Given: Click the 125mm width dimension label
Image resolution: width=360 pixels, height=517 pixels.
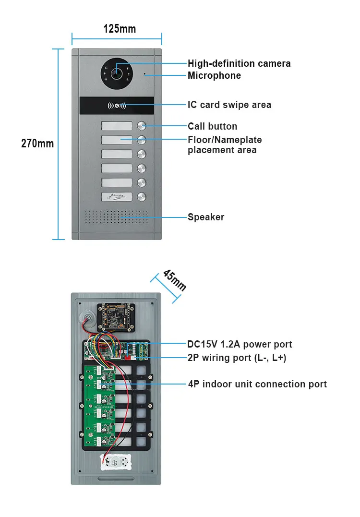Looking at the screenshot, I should click(x=120, y=29).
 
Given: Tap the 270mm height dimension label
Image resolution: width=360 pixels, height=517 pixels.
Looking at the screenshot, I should click(x=37, y=143).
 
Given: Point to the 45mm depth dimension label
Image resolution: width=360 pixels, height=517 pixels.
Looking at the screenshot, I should click(x=174, y=280).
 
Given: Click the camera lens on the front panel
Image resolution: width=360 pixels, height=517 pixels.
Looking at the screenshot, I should click(x=116, y=73).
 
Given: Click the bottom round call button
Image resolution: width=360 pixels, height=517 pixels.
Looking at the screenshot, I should click(x=142, y=196).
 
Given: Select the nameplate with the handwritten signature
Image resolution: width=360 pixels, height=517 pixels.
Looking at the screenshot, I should click(x=116, y=196).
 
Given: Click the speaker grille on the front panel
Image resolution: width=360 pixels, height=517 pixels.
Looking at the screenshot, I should click(x=117, y=217).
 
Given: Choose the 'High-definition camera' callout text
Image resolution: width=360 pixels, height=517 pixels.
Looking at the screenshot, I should click(x=239, y=63).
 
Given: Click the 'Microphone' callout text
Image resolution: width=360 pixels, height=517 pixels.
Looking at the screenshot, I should click(x=214, y=75).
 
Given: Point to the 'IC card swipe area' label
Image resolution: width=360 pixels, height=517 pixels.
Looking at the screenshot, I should click(x=229, y=105).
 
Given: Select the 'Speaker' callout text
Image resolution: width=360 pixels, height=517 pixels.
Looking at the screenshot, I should click(x=205, y=217).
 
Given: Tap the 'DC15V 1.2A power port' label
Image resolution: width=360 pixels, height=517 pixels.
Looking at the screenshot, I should click(x=240, y=344).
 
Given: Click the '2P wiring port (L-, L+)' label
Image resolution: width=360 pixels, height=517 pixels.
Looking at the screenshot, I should click(x=237, y=357).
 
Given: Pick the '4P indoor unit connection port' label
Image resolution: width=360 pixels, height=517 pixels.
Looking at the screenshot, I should click(x=257, y=384).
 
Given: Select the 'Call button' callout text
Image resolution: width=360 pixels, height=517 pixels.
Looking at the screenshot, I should click(x=212, y=126).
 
